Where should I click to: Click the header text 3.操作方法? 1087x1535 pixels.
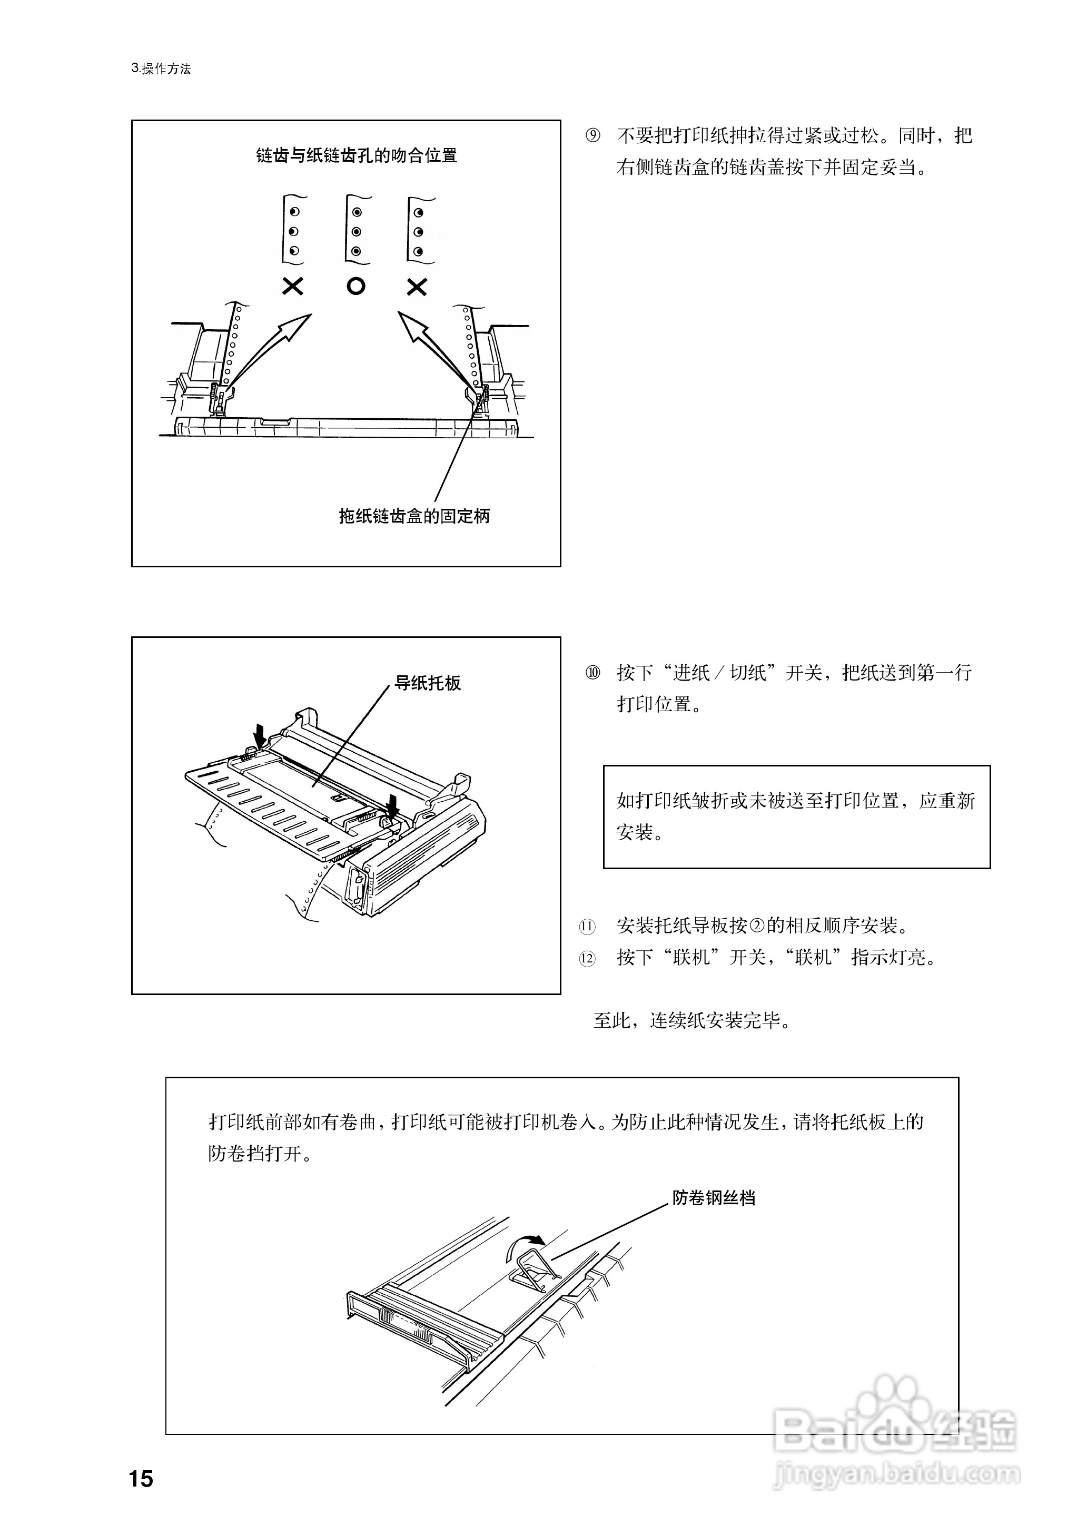click(x=161, y=68)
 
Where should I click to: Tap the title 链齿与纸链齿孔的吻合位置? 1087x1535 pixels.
click(x=356, y=155)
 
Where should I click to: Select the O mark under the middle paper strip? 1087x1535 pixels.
click(x=356, y=287)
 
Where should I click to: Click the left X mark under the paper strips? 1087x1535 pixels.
click(x=292, y=287)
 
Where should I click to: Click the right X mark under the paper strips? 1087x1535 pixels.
click(x=417, y=287)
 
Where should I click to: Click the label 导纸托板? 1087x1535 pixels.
click(x=427, y=683)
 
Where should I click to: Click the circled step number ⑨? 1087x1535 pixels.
click(x=593, y=136)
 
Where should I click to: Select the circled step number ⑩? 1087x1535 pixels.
click(x=593, y=673)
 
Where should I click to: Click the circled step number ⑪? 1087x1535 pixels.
click(x=587, y=927)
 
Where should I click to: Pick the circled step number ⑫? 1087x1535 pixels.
click(x=587, y=959)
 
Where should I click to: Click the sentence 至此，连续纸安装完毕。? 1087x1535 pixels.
click(x=693, y=1021)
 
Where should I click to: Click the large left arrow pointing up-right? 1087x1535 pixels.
click(x=274, y=348)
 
